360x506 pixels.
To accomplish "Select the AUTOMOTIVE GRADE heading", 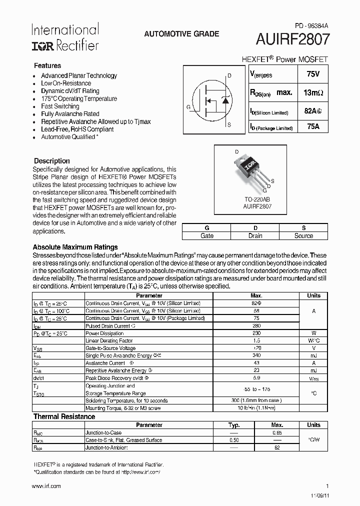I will [x=181, y=34].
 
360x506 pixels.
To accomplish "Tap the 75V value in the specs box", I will [x=312, y=74].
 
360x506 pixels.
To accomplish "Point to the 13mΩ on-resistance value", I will [x=313, y=92].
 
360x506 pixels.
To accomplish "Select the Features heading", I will [x=47, y=65].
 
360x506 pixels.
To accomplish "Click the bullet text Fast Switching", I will [x=60, y=106].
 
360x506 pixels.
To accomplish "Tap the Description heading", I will [x=51, y=161].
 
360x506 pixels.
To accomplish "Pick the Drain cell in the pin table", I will [x=255, y=235].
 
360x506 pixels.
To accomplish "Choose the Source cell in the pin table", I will [x=303, y=235].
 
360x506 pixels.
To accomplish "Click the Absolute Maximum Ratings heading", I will [x=75, y=247].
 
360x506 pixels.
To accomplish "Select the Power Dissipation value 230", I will [x=256, y=333].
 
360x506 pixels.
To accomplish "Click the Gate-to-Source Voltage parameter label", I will [x=110, y=348].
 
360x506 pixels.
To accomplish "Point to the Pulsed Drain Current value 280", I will [x=256, y=325].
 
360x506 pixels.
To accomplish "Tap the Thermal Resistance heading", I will [x=64, y=416].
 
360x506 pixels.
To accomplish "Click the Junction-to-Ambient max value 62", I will [x=277, y=447].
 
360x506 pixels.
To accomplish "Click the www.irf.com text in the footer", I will [x=46, y=486].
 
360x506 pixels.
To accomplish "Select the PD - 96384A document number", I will [x=311, y=25].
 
